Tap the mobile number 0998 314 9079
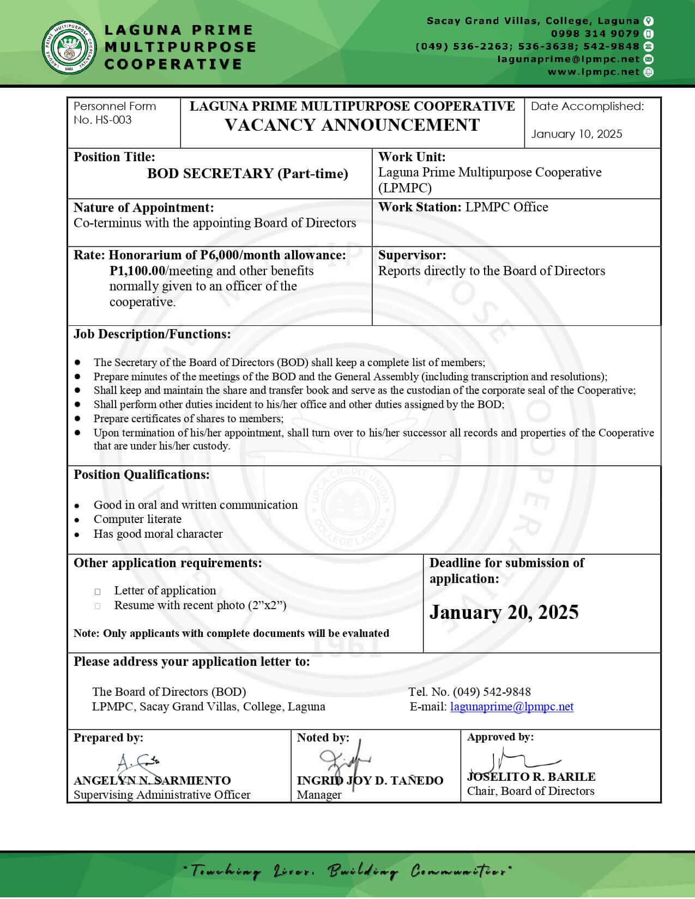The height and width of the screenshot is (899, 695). pyautogui.click(x=595, y=34)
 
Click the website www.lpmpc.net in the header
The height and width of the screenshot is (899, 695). pyautogui.click(x=593, y=72)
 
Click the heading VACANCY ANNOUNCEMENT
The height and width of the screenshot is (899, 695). pyautogui.click(x=352, y=125)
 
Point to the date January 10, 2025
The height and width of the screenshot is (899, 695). pyautogui.click(x=576, y=134)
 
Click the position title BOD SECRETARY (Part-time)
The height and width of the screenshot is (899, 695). pyautogui.click(x=247, y=174)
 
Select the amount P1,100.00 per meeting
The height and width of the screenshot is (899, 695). pyautogui.click(x=137, y=271)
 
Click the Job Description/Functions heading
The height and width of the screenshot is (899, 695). pyautogui.click(x=152, y=334)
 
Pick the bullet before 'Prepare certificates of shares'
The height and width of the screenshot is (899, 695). pyautogui.click(x=78, y=418)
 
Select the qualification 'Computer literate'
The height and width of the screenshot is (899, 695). pyautogui.click(x=137, y=519)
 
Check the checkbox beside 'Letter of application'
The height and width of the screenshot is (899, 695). pyautogui.click(x=98, y=591)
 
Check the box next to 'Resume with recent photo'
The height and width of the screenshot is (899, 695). pyautogui.click(x=98, y=606)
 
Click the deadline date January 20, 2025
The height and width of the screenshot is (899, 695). pyautogui.click(x=504, y=612)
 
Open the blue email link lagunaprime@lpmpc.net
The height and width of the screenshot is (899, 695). pyautogui.click(x=511, y=707)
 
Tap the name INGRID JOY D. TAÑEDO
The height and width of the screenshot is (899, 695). pyautogui.click(x=370, y=781)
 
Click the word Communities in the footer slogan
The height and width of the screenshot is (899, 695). pyautogui.click(x=461, y=871)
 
